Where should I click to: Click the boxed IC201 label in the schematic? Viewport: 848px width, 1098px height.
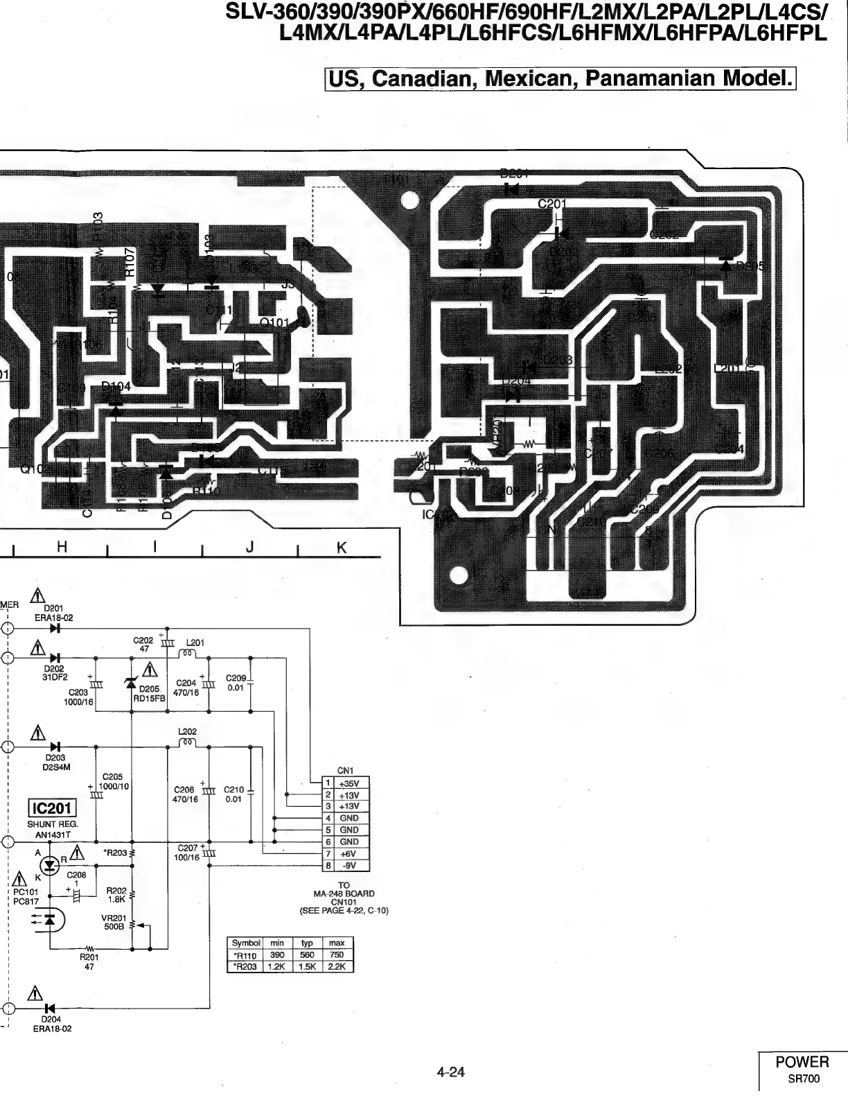pyautogui.click(x=51, y=809)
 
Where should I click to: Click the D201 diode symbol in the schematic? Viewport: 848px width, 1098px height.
pyautogui.click(x=55, y=629)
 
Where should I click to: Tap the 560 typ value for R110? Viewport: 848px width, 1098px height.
pyautogui.click(x=307, y=955)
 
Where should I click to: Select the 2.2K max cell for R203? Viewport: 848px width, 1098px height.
pyautogui.click(x=337, y=966)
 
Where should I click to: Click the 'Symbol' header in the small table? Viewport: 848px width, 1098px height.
pyautogui.click(x=245, y=943)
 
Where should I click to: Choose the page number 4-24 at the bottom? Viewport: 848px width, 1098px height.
pyautogui.click(x=450, y=1072)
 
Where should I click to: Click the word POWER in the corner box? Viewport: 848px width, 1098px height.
pyautogui.click(x=802, y=1062)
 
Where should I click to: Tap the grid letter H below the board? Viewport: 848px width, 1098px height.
pyautogui.click(x=62, y=548)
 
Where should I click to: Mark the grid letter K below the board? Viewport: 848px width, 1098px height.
pyautogui.click(x=341, y=548)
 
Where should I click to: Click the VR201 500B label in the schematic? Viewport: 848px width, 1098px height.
pyautogui.click(x=113, y=922)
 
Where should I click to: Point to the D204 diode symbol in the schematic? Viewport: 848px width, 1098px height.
pyautogui.click(x=49, y=1007)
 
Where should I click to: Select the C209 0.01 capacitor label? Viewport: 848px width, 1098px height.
pyautogui.click(x=236, y=683)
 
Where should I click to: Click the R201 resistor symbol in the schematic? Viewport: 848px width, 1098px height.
pyautogui.click(x=89, y=948)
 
